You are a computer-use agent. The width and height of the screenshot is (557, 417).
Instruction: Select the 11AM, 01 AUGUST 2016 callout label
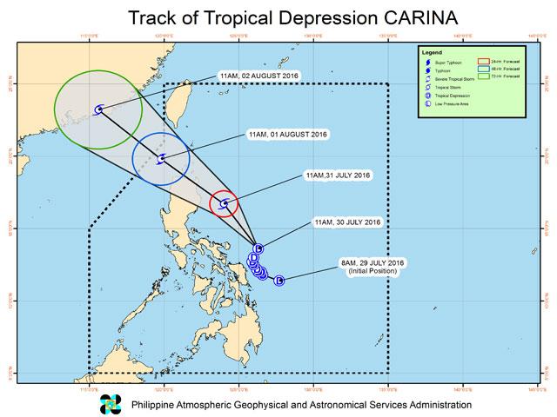pyautogui.click(x=286, y=136)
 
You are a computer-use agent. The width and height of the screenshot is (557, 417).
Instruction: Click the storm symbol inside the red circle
pyautogui.click(x=225, y=204)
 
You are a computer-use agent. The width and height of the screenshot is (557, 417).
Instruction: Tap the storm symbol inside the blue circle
pyautogui.click(x=161, y=160)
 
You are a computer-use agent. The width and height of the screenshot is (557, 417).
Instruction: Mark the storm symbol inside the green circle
pyautogui.click(x=99, y=109)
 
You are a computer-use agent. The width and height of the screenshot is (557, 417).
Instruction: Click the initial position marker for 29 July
pyautogui.click(x=279, y=281)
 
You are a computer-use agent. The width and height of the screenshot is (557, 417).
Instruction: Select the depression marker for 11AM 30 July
pyautogui.click(x=258, y=248)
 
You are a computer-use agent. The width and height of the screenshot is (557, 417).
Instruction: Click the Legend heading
pyautogui.click(x=433, y=55)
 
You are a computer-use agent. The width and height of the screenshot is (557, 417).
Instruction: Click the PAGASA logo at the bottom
pyautogui.click(x=112, y=403)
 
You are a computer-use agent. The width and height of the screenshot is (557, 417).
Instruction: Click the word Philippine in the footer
pyautogui.click(x=157, y=405)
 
